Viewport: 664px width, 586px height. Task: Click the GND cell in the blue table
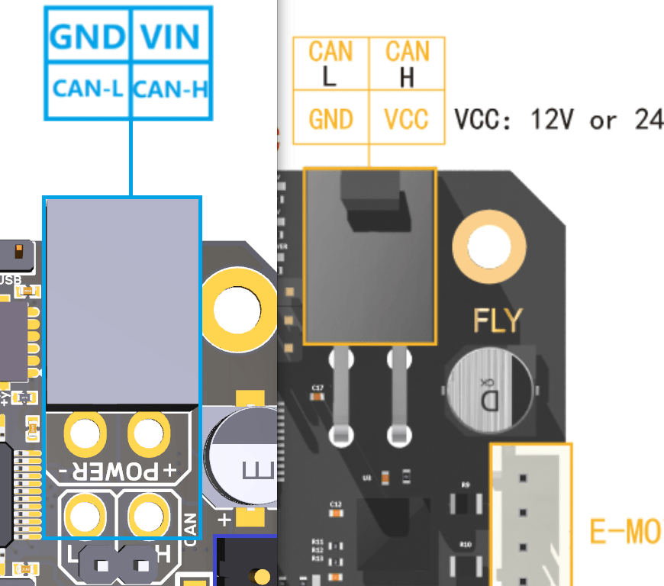coord(87,36)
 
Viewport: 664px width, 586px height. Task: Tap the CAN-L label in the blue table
coord(88,89)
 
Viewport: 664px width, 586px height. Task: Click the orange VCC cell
coord(406,119)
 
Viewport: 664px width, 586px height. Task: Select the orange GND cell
coord(330,119)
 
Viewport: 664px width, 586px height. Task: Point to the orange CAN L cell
coord(330,63)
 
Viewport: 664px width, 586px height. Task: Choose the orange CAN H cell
coord(407,63)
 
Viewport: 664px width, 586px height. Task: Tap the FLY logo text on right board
coord(498,320)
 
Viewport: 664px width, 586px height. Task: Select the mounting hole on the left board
coord(238,311)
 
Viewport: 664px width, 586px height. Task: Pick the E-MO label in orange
coord(625,532)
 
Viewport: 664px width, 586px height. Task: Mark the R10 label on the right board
coord(466,544)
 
